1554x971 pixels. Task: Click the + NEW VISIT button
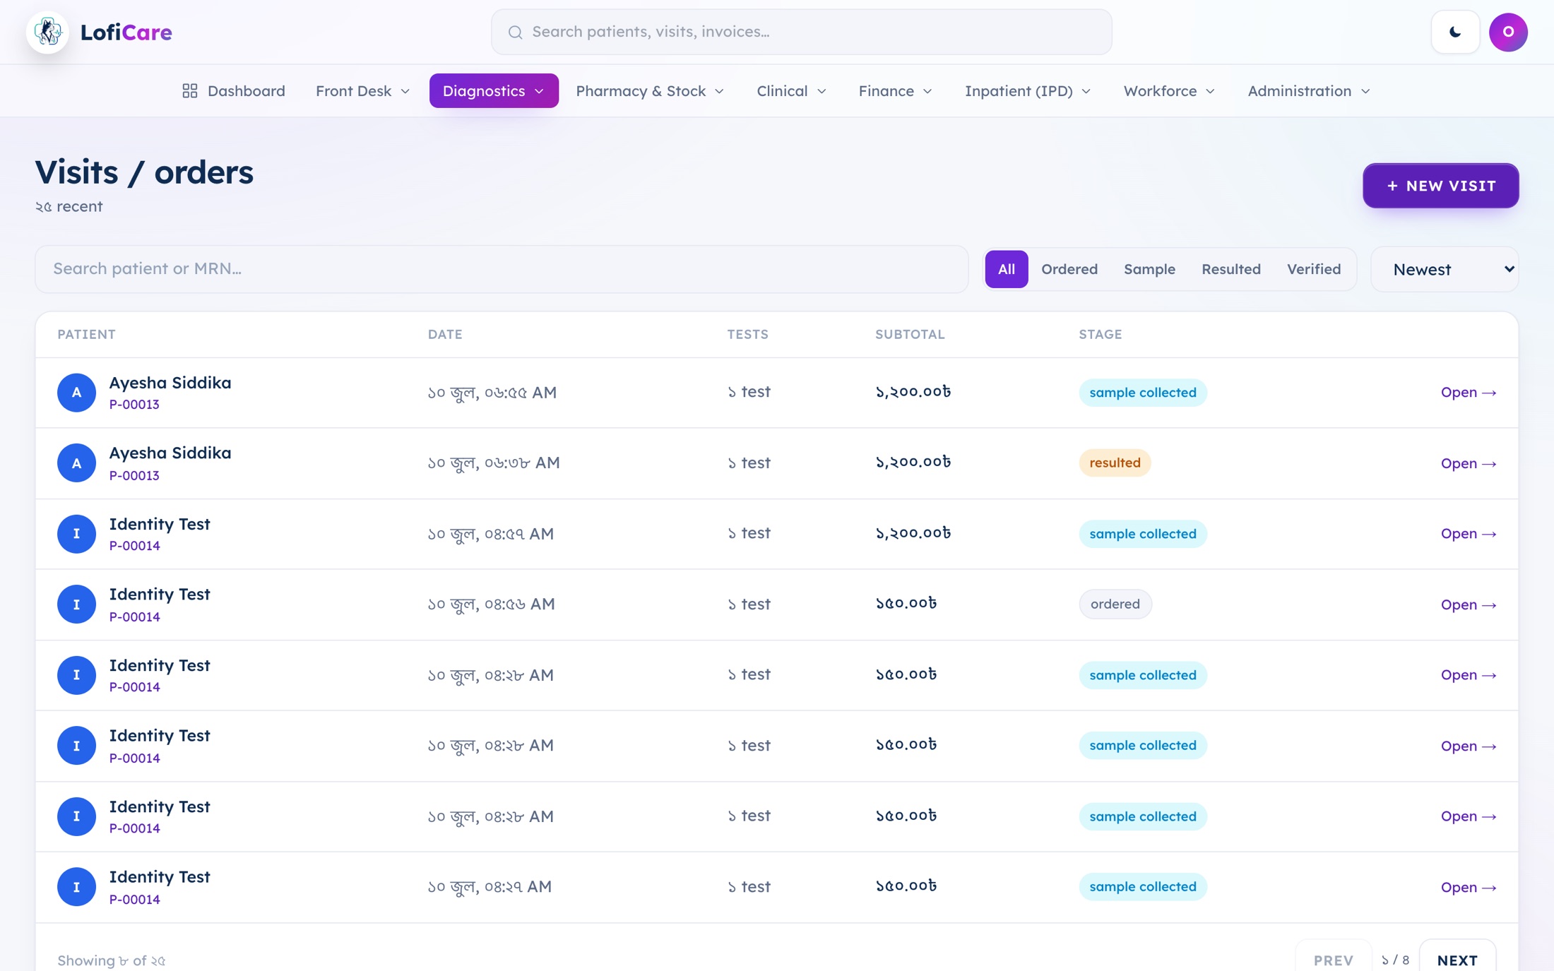click(x=1440, y=186)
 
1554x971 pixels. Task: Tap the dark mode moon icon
click(x=1455, y=32)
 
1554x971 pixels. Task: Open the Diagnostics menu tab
click(x=494, y=91)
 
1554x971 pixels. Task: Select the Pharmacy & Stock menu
click(x=650, y=91)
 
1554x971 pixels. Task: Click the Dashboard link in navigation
click(x=234, y=91)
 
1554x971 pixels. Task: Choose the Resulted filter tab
click(x=1230, y=269)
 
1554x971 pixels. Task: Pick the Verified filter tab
click(x=1313, y=269)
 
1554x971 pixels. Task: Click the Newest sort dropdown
click(x=1445, y=269)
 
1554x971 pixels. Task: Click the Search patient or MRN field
click(x=502, y=269)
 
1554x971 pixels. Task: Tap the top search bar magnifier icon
click(x=516, y=32)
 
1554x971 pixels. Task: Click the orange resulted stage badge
click(x=1115, y=463)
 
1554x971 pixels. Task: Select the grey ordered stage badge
click(x=1115, y=604)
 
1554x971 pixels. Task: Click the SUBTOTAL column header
click(x=910, y=335)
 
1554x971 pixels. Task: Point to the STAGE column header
click(x=1100, y=335)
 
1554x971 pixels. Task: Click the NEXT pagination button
click(x=1457, y=959)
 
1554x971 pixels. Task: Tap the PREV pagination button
click(x=1333, y=959)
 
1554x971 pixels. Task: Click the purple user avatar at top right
click(x=1508, y=32)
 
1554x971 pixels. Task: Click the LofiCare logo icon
click(x=47, y=32)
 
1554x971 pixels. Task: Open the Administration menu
click(x=1308, y=91)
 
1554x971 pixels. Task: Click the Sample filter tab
click(x=1149, y=269)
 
